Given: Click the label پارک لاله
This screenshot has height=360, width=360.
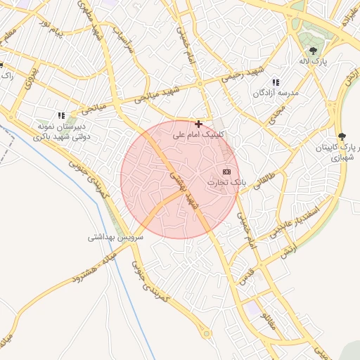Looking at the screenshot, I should click(x=314, y=62).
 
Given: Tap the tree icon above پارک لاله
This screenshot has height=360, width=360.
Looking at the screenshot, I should click(x=313, y=50).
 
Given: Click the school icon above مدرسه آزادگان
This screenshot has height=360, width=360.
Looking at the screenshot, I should click(x=276, y=82).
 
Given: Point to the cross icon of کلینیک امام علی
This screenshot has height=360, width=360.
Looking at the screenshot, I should click(x=199, y=124).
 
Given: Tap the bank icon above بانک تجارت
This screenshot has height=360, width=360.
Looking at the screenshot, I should click(x=226, y=172).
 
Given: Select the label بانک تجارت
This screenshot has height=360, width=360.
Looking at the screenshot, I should click(x=226, y=183).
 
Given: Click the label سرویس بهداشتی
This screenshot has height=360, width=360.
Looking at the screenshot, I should click(x=115, y=238).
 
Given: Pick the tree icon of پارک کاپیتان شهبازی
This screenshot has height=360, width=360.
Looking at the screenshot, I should click(x=342, y=136).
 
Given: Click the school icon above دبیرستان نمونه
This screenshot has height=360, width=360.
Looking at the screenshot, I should click(x=62, y=115).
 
